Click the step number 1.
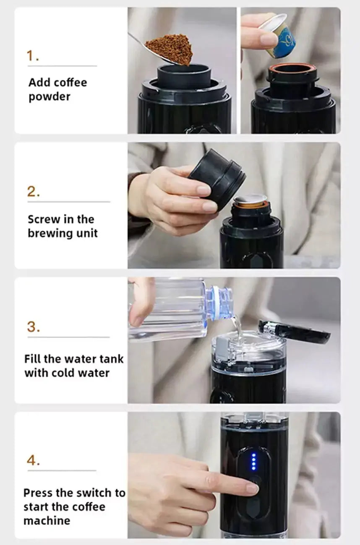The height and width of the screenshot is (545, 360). [33, 56]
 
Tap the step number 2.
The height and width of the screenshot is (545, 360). [34, 192]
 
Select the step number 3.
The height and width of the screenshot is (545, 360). [34, 327]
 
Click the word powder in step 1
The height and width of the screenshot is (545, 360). [50, 97]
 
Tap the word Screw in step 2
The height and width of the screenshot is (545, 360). [44, 219]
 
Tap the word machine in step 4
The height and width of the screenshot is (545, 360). [47, 521]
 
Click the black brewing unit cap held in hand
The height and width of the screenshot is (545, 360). [217, 179]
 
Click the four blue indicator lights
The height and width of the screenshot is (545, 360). [254, 461]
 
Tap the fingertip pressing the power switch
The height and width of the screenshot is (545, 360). [252, 489]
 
